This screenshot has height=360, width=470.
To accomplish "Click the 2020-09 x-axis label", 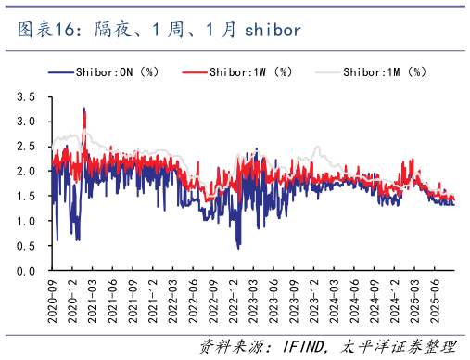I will pos(53,297).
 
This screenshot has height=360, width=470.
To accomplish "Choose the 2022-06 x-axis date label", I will pos(192,297).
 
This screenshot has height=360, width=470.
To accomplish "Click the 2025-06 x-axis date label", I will pos(432,297).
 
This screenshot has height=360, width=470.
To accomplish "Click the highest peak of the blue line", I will pos(84,109).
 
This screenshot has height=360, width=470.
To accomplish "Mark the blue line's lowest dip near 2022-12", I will pos(238,248).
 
